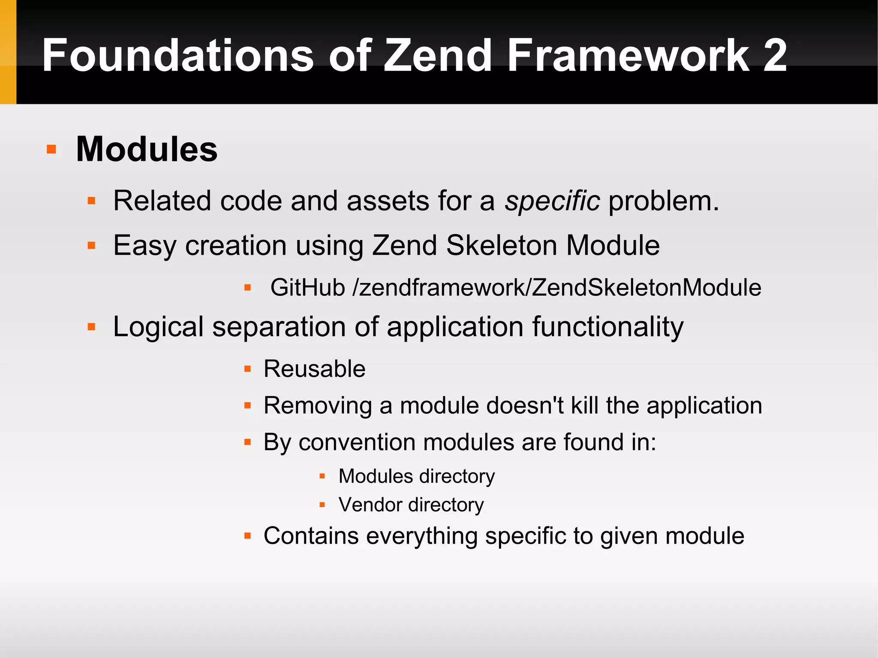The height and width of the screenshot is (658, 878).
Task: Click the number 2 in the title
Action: pyautogui.click(x=775, y=56)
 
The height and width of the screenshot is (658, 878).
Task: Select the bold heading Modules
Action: pyautogui.click(x=147, y=149)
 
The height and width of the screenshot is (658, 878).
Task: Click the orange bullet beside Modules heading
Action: pyautogui.click(x=51, y=149)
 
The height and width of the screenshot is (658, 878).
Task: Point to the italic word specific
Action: pyautogui.click(x=552, y=201)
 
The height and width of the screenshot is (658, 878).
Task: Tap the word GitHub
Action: pyautogui.click(x=307, y=287)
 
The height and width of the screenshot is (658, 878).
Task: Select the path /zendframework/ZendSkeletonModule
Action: pyautogui.click(x=556, y=287)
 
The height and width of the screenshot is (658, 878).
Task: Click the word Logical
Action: pyautogui.click(x=158, y=327)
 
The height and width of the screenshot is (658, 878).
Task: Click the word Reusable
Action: pyautogui.click(x=314, y=369)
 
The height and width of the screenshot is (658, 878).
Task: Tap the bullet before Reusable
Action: pyautogui.click(x=247, y=369)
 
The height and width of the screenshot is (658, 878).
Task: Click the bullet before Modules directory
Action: pyautogui.click(x=322, y=476)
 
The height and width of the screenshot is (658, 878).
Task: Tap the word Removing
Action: pyautogui.click(x=318, y=406)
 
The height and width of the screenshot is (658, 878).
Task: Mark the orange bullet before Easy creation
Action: pyautogui.click(x=91, y=246)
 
